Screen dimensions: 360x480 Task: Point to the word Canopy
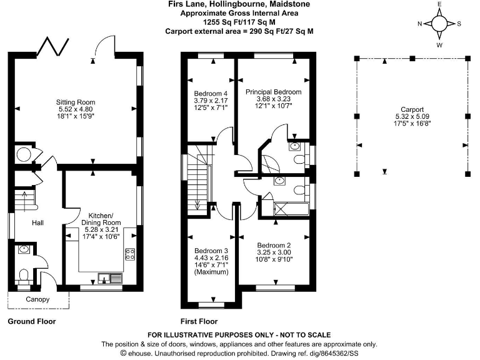37,300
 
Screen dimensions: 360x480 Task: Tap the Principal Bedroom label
273,92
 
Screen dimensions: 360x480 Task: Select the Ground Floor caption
31,322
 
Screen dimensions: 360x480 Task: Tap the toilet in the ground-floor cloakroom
23,275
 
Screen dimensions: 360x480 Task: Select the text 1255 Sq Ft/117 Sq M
240,21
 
